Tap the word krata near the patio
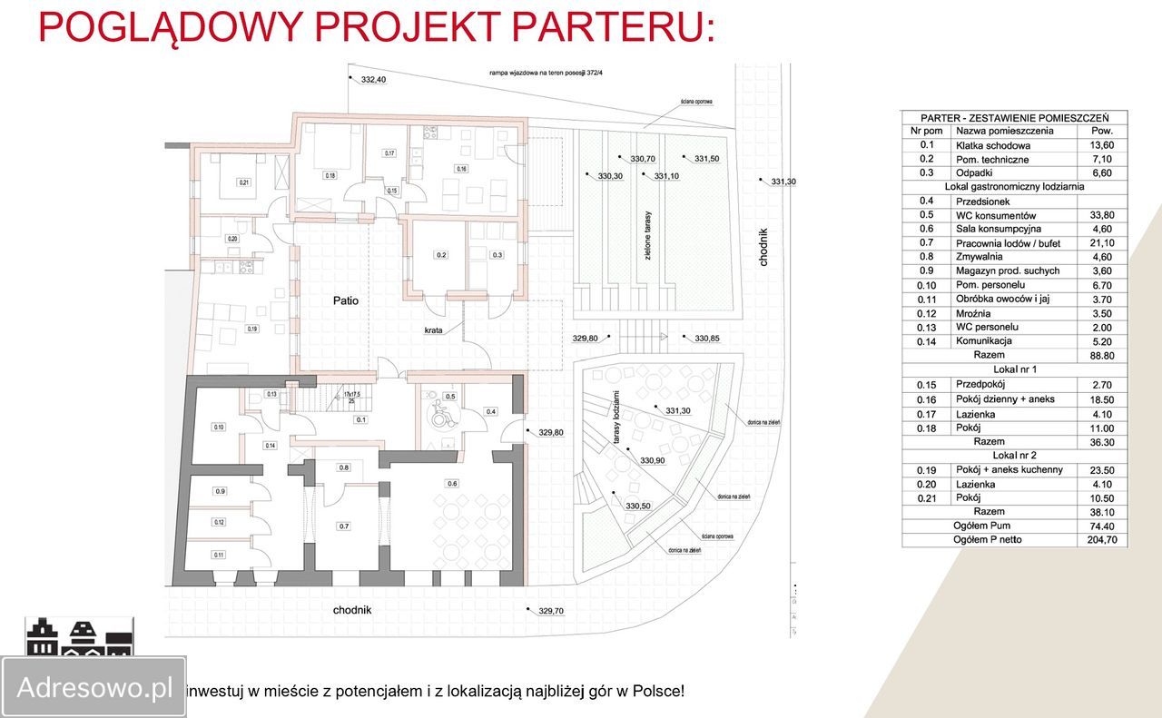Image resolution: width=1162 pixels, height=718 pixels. (433, 330)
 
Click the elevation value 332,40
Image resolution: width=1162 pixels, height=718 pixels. (373, 80)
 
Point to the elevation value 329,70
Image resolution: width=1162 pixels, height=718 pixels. (551, 611)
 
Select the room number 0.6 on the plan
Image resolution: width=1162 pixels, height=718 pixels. (452, 483)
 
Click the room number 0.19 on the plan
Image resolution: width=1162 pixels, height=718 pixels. (251, 329)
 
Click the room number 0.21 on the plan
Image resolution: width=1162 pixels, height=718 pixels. (243, 182)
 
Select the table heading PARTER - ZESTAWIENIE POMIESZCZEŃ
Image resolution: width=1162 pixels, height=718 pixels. (1014, 118)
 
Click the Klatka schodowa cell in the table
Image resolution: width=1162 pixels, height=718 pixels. (992, 145)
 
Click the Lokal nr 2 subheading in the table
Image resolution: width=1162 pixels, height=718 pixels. (1014, 455)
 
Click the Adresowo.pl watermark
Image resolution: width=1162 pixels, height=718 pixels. (94, 687)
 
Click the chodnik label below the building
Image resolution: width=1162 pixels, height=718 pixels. (352, 610)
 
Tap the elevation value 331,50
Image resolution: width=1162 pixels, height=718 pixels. (706, 159)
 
